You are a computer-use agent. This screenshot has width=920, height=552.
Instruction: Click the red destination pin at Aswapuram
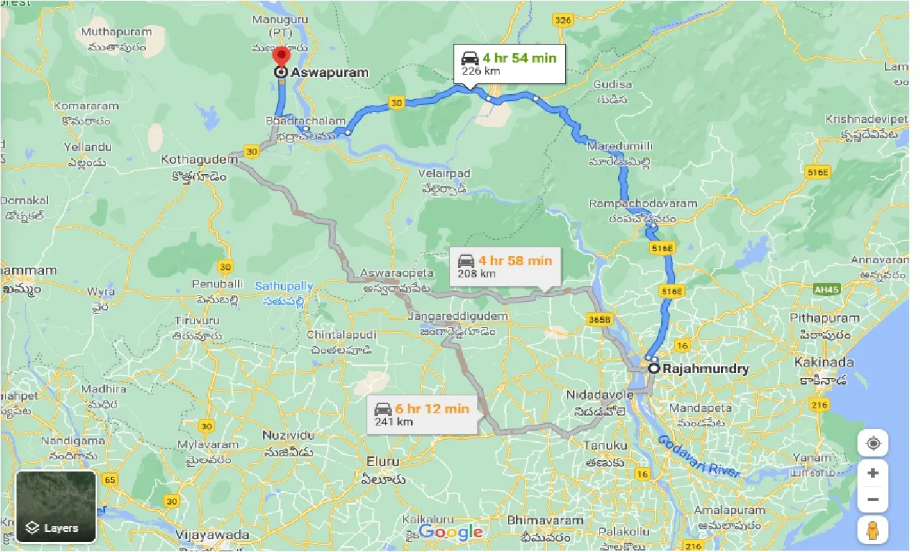click(281, 57)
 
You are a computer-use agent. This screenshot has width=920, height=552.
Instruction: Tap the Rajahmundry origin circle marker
click(654, 368)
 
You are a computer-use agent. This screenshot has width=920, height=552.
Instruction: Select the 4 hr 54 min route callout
click(510, 64)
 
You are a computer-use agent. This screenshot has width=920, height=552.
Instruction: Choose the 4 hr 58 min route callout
click(502, 266)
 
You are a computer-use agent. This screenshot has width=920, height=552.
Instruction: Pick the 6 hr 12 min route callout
click(422, 415)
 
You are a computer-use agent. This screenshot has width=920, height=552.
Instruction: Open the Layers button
click(56, 506)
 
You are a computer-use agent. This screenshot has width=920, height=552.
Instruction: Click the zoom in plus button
click(873, 473)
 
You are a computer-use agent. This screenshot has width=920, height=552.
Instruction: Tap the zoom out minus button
click(873, 500)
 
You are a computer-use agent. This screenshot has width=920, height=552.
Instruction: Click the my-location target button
click(873, 443)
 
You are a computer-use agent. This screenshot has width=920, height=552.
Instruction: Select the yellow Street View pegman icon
click(873, 530)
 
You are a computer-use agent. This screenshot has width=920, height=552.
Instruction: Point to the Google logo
click(451, 532)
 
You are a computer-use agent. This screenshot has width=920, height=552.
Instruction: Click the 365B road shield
click(598, 318)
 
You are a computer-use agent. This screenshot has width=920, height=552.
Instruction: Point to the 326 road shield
click(563, 20)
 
